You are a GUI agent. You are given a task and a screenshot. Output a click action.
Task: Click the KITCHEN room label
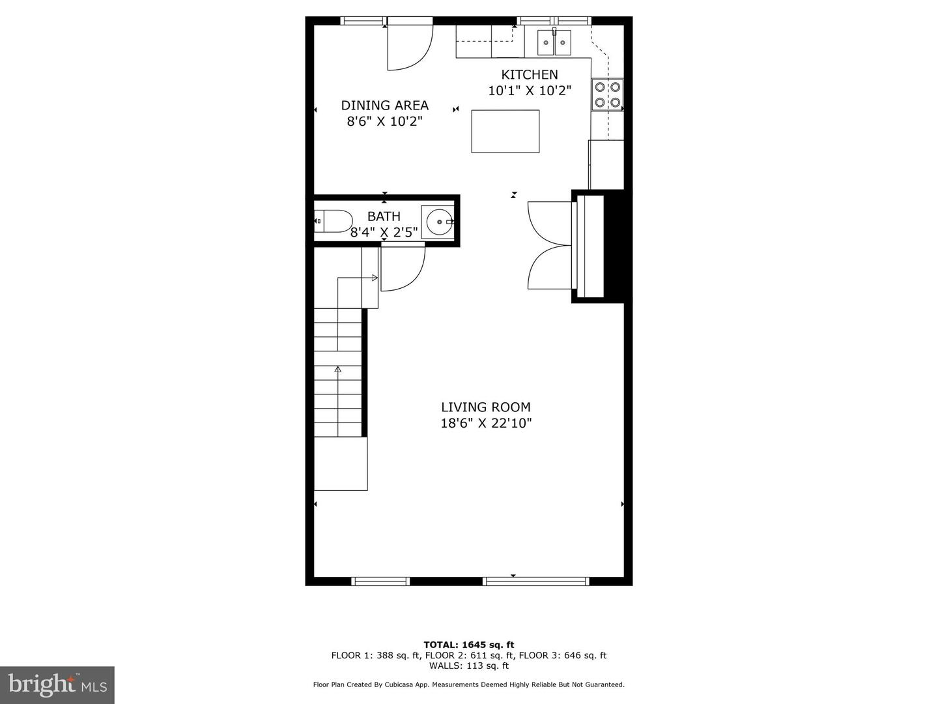pyautogui.click(x=529, y=75)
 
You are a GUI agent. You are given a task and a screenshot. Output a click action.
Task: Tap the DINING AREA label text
pyautogui.click(x=384, y=105)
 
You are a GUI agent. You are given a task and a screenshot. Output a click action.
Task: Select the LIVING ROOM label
pyautogui.click(x=486, y=407)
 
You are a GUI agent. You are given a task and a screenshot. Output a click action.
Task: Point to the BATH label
pyautogui.click(x=384, y=216)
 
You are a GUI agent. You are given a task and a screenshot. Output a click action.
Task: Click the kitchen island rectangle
pyautogui.click(x=505, y=131)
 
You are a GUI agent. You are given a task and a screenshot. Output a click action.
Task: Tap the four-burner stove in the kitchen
pyautogui.click(x=607, y=95)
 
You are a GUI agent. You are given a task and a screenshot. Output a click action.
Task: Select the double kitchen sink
pyautogui.click(x=554, y=42)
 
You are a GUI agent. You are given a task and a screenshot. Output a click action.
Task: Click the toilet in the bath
pyautogui.click(x=333, y=221)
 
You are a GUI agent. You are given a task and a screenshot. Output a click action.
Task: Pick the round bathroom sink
pyautogui.click(x=439, y=222)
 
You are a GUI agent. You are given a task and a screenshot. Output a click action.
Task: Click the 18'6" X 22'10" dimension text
pyautogui.click(x=487, y=423)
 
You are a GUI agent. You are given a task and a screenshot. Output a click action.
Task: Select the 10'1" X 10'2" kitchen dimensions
pyautogui.click(x=530, y=91)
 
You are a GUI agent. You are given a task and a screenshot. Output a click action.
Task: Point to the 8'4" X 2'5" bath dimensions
pyautogui.click(x=384, y=232)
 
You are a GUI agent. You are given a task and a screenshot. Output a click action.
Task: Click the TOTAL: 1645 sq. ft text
pyautogui.click(x=469, y=645)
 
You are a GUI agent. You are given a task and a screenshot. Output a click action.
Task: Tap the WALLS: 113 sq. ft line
pyautogui.click(x=469, y=665)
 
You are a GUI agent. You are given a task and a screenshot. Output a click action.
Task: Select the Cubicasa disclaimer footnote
pyautogui.click(x=469, y=684)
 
